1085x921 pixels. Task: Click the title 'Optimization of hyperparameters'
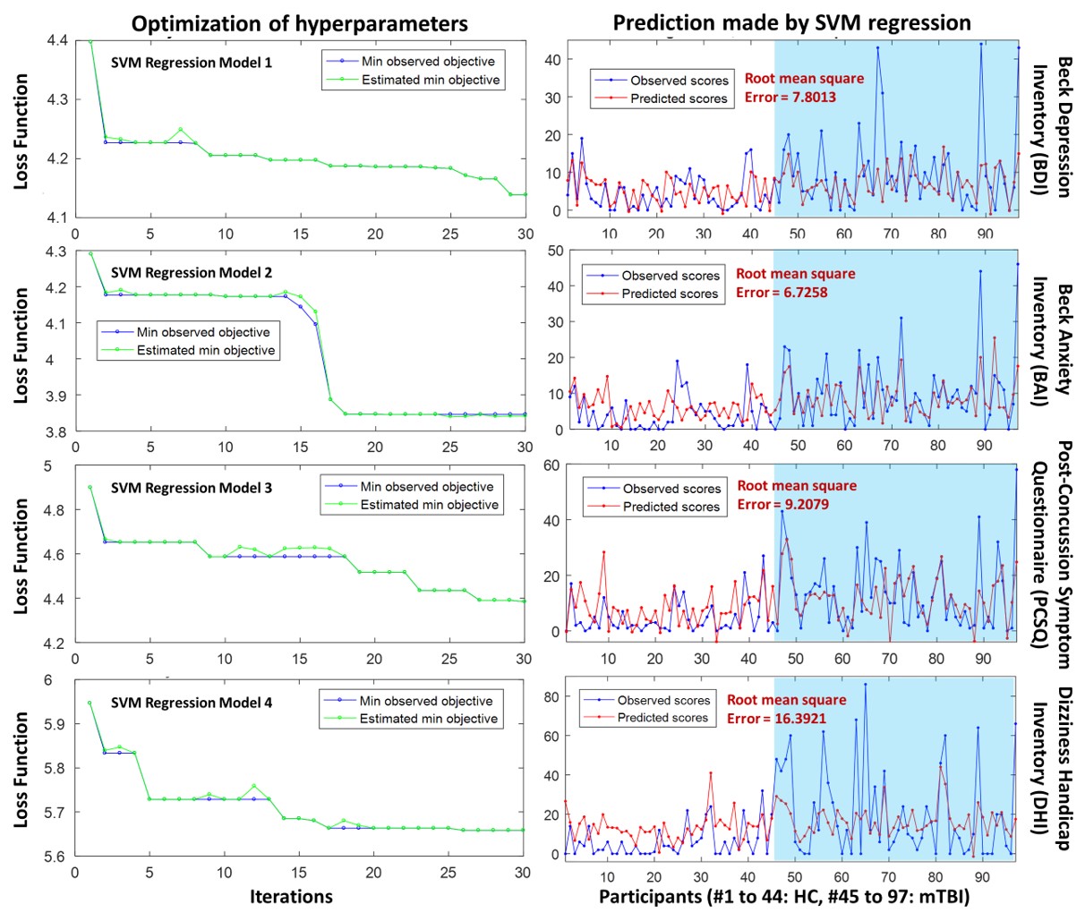point(299,22)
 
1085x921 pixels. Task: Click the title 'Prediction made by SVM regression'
point(791,22)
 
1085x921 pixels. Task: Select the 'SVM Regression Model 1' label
point(192,63)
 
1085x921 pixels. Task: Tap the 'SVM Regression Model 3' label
point(192,488)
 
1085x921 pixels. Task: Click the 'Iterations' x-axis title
point(291,896)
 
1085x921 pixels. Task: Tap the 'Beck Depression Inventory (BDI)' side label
point(1053,127)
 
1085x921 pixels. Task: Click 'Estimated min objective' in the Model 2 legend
point(206,350)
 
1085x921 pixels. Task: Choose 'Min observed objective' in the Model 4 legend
point(426,701)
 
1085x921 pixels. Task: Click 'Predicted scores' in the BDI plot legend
point(679,98)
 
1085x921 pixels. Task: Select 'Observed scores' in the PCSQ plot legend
point(671,489)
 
